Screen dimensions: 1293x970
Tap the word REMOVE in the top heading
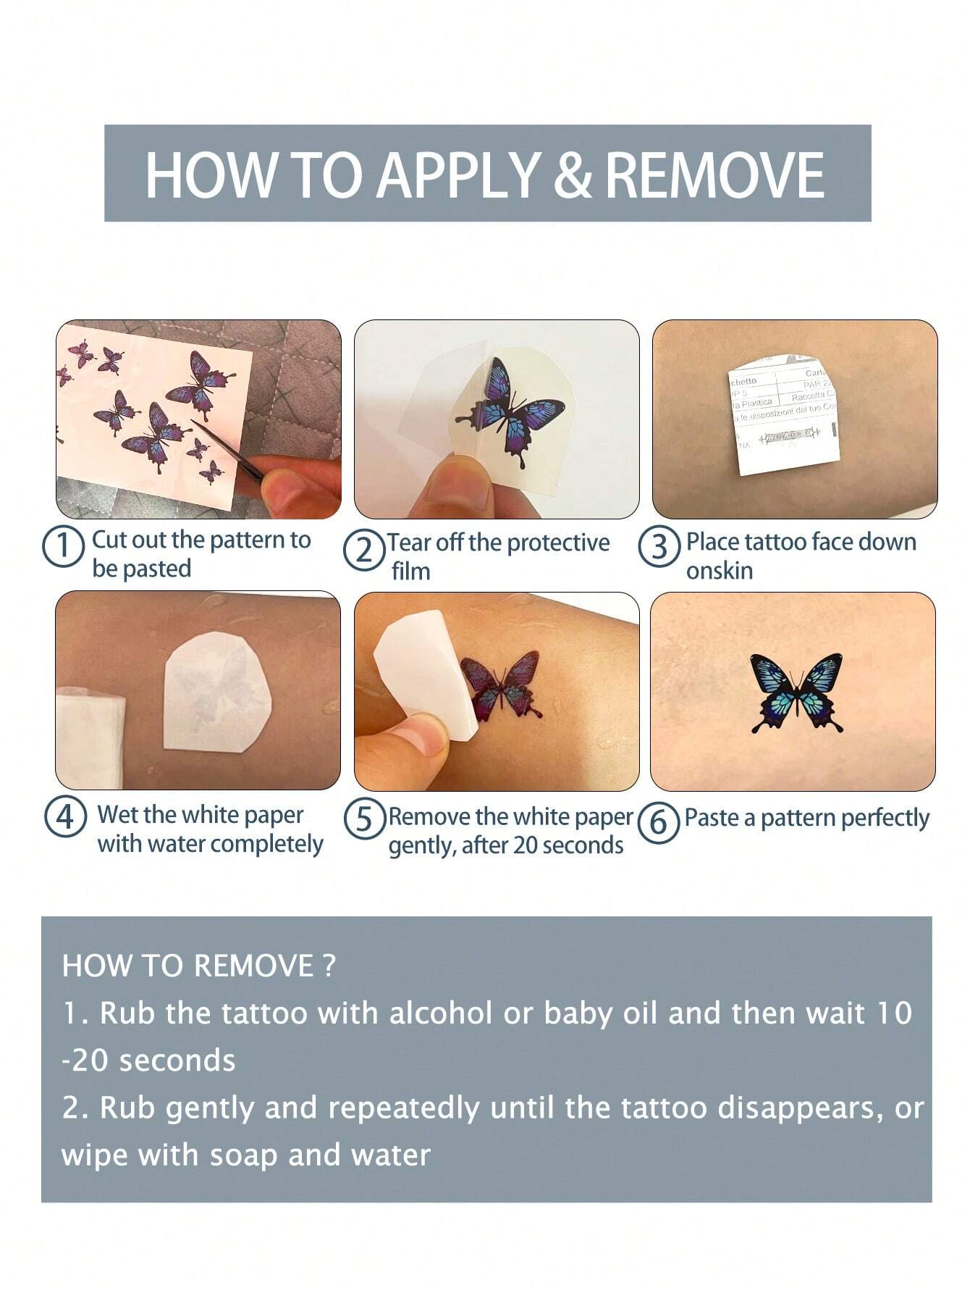[x=714, y=175]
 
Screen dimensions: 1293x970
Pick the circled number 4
[x=66, y=818]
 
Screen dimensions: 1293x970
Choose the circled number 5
[x=364, y=819]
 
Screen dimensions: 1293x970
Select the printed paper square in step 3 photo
[x=784, y=413]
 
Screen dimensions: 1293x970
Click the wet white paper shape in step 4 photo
[x=217, y=692]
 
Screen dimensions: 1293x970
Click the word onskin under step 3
[x=720, y=571]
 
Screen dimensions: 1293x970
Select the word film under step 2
[x=411, y=572]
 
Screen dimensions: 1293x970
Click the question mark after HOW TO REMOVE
[x=329, y=966]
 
